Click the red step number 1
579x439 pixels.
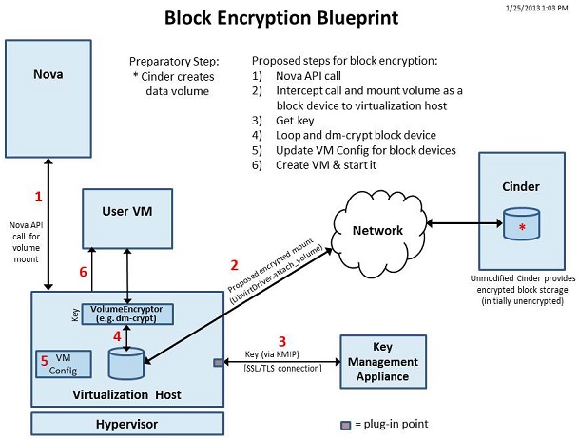tap(38, 197)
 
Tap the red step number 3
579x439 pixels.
tap(281, 340)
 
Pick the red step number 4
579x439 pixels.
tap(117, 335)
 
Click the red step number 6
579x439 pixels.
tap(83, 272)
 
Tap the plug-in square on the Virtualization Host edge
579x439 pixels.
tap(217, 362)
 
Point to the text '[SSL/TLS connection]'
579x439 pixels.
tap(268, 368)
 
